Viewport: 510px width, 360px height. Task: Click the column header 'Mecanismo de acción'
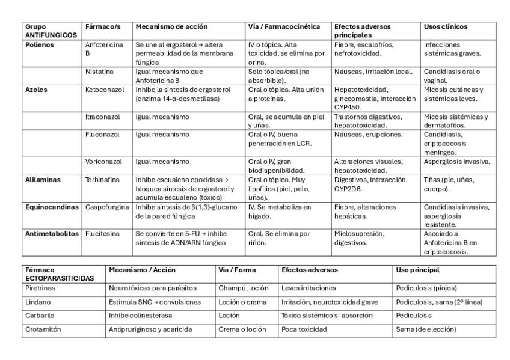(171, 27)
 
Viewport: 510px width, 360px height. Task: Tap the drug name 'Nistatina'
(99, 72)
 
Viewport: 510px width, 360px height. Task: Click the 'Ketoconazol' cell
(105, 90)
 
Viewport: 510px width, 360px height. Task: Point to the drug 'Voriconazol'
(103, 162)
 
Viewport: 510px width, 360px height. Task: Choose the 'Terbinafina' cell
(102, 180)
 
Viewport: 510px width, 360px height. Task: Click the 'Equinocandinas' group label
(52, 207)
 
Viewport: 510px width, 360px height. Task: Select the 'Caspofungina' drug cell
(107, 207)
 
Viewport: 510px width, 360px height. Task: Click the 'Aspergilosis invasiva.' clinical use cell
(456, 162)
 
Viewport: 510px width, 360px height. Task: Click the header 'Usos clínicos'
(446, 27)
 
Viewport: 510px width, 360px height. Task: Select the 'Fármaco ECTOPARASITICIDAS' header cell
(59, 275)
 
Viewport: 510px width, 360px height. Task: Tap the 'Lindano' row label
(38, 302)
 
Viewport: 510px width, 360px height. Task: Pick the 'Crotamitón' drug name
(43, 329)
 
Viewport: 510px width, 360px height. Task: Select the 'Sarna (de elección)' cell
(426, 329)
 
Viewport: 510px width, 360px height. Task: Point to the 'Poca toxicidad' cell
(304, 329)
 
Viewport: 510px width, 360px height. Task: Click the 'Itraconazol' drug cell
(103, 117)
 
